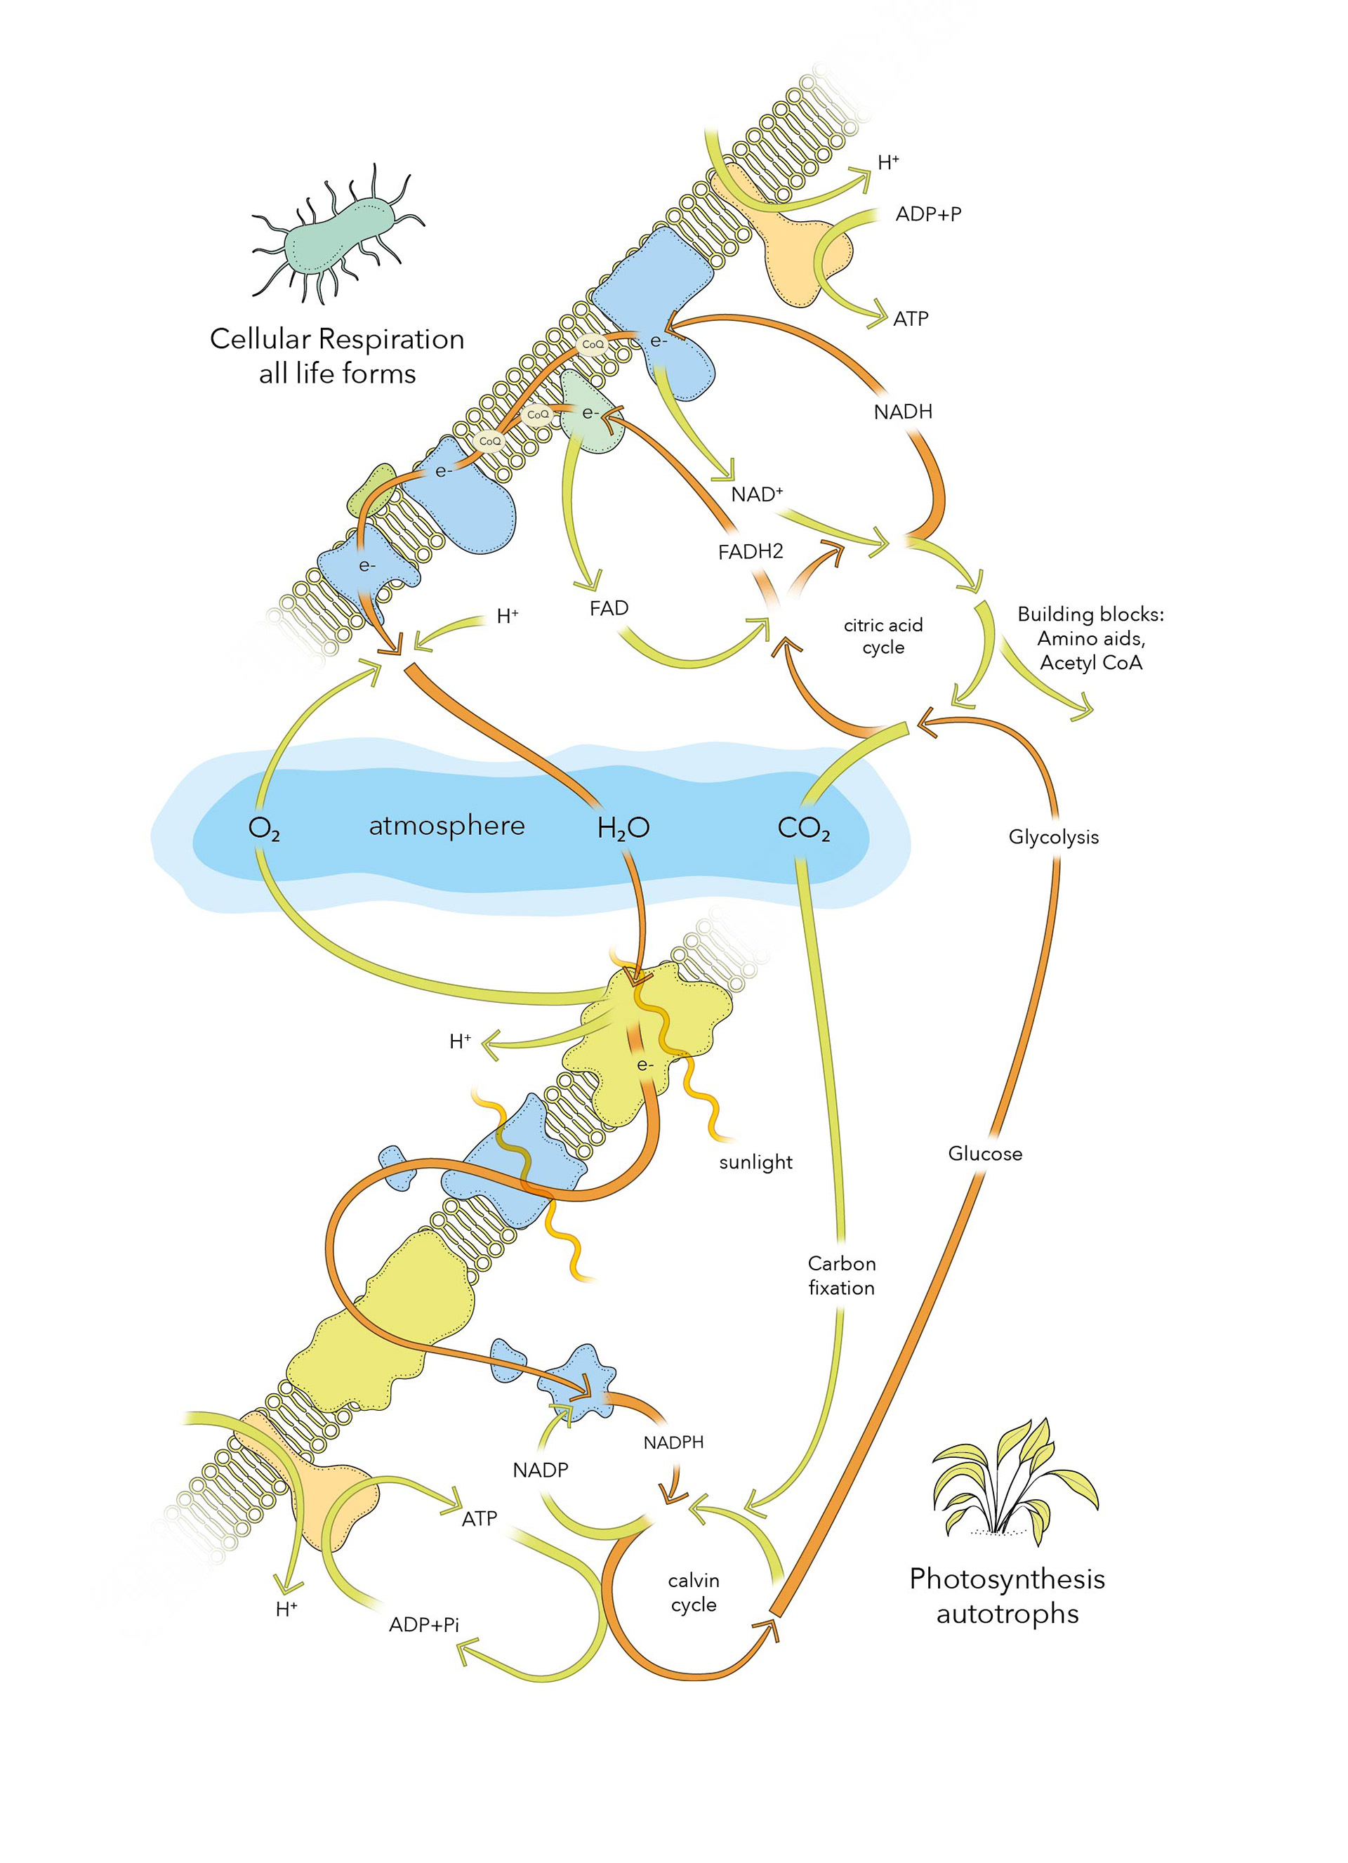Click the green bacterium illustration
coord(338,235)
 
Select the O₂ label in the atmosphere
coord(264,829)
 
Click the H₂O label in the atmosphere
coord(623,829)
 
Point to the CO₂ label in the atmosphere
coord(803,829)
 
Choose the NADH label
coord(903,412)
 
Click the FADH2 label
coord(750,552)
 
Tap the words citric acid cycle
coord(883,636)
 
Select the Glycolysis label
coord(1053,837)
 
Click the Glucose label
coord(985,1153)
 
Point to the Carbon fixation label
coord(841,1275)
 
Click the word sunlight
coord(755,1161)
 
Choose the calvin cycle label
coord(693,1592)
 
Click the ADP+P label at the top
coord(928,214)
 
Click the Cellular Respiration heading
coord(337,338)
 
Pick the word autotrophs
coord(1007,1613)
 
